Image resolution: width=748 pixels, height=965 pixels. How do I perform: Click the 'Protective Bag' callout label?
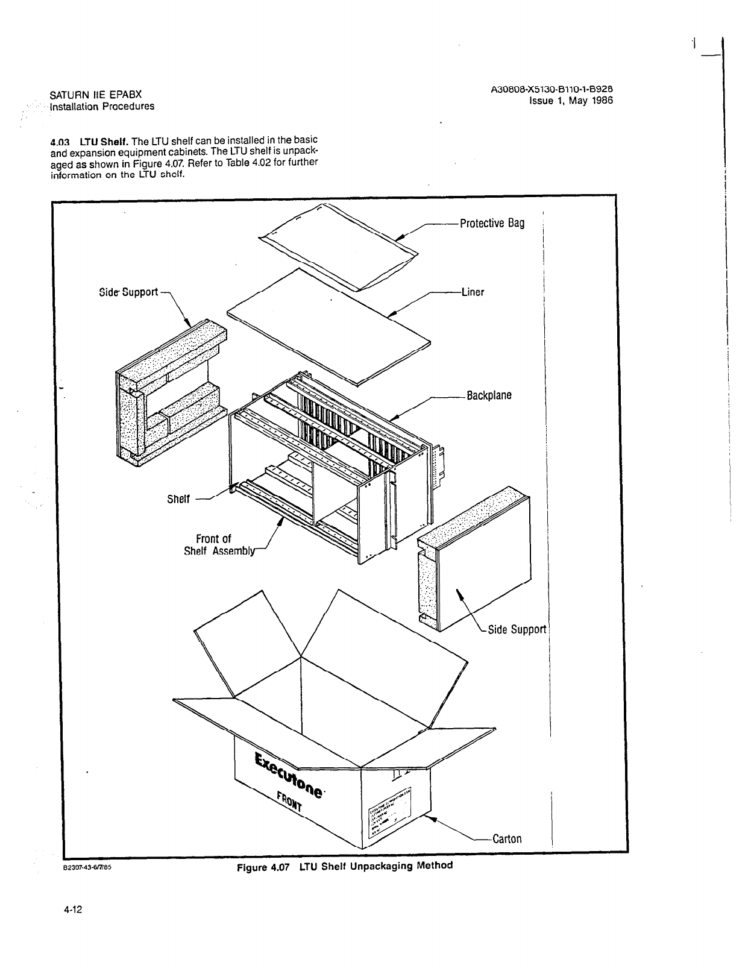tap(492, 223)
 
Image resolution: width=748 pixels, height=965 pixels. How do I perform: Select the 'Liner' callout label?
tap(473, 292)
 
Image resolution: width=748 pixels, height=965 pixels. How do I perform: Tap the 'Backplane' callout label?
tap(489, 395)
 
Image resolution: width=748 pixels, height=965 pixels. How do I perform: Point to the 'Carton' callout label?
tap(507, 838)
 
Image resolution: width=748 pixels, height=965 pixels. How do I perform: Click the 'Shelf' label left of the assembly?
tap(178, 499)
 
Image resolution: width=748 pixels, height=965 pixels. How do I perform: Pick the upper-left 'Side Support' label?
tap(128, 292)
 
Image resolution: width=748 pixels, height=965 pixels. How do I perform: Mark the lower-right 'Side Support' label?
tap(517, 629)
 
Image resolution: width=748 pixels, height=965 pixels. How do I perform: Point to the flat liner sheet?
tap(328, 325)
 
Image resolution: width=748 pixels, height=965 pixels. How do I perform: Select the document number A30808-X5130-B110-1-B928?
tap(552, 90)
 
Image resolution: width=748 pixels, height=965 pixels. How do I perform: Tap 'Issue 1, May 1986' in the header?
tap(570, 101)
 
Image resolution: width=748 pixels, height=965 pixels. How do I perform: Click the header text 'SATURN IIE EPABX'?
tap(95, 95)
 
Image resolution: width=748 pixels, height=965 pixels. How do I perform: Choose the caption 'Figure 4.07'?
tap(263, 867)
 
